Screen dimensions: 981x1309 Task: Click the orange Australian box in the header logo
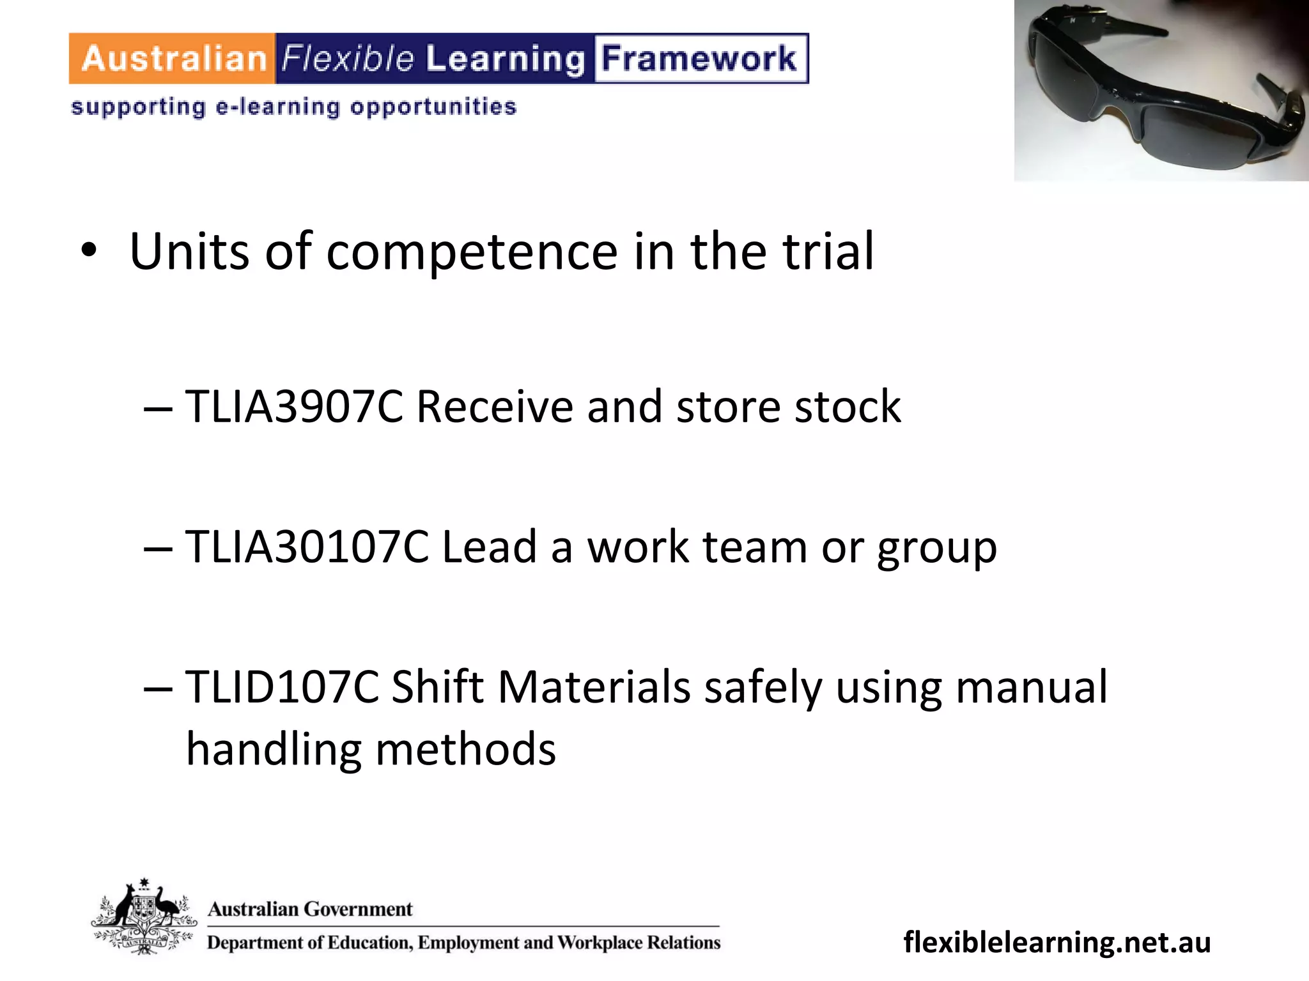(173, 59)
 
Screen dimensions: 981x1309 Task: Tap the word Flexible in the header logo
(348, 59)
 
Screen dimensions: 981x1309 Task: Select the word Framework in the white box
(700, 59)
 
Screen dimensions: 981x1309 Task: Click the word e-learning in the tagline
(277, 107)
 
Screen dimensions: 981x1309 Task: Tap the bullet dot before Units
(89, 252)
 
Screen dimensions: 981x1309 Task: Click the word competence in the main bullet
(472, 252)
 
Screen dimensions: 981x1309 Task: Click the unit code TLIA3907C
(294, 407)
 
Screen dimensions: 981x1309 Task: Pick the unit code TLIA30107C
(307, 547)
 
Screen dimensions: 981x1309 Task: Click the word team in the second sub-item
(754, 547)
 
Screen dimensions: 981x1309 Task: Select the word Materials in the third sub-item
(594, 688)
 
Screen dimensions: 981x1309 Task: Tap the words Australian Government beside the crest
(310, 909)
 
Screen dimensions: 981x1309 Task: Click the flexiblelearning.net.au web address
(1057, 942)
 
